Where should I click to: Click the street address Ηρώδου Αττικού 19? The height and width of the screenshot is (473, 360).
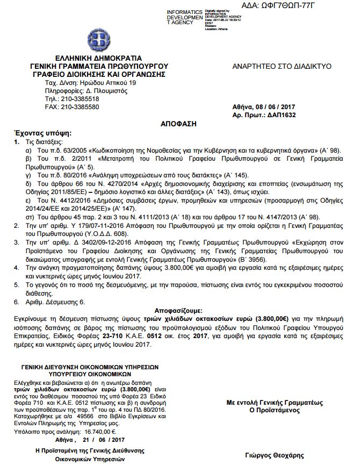pos(106,83)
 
